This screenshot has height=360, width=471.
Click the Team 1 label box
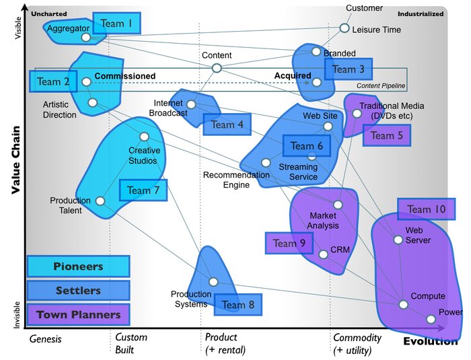click(x=116, y=24)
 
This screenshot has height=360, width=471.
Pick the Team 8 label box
click(x=238, y=304)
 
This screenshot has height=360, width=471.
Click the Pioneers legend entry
click(x=78, y=266)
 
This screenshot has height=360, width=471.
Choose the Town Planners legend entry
click(x=78, y=314)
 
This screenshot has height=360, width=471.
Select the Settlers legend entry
click(x=78, y=291)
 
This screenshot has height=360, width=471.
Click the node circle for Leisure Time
click(x=345, y=28)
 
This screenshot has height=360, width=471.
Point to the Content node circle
click(x=217, y=68)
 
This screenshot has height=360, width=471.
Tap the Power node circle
click(x=431, y=320)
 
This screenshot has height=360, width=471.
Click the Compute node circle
click(x=403, y=305)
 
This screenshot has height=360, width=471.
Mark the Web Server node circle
click(x=398, y=240)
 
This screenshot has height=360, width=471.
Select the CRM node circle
click(x=324, y=254)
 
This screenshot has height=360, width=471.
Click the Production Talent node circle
click(x=100, y=201)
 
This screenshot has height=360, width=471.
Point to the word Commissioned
click(x=124, y=76)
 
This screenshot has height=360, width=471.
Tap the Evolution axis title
click(x=430, y=341)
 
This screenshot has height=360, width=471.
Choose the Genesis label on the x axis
click(x=45, y=339)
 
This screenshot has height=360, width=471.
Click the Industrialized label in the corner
click(x=421, y=13)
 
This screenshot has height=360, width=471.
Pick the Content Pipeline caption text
click(x=382, y=87)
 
